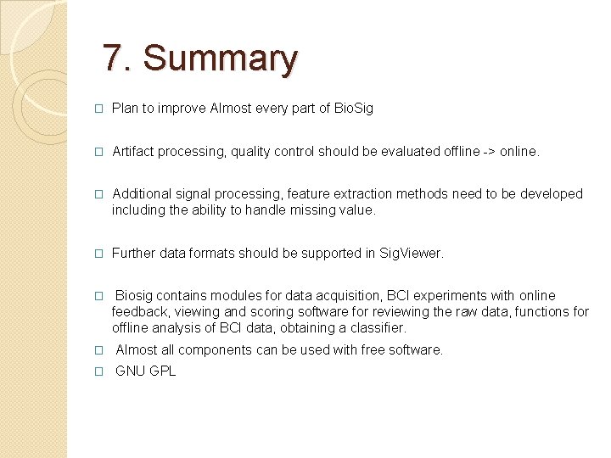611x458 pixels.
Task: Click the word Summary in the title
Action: click(x=221, y=59)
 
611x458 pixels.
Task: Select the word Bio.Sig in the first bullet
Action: click(x=354, y=109)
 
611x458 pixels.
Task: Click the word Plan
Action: click(x=126, y=109)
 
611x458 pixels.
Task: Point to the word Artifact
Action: click(x=133, y=151)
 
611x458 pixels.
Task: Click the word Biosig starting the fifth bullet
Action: click(x=135, y=295)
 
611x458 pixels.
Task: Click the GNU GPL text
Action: click(x=145, y=371)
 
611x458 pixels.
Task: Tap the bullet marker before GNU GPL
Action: click(x=98, y=371)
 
